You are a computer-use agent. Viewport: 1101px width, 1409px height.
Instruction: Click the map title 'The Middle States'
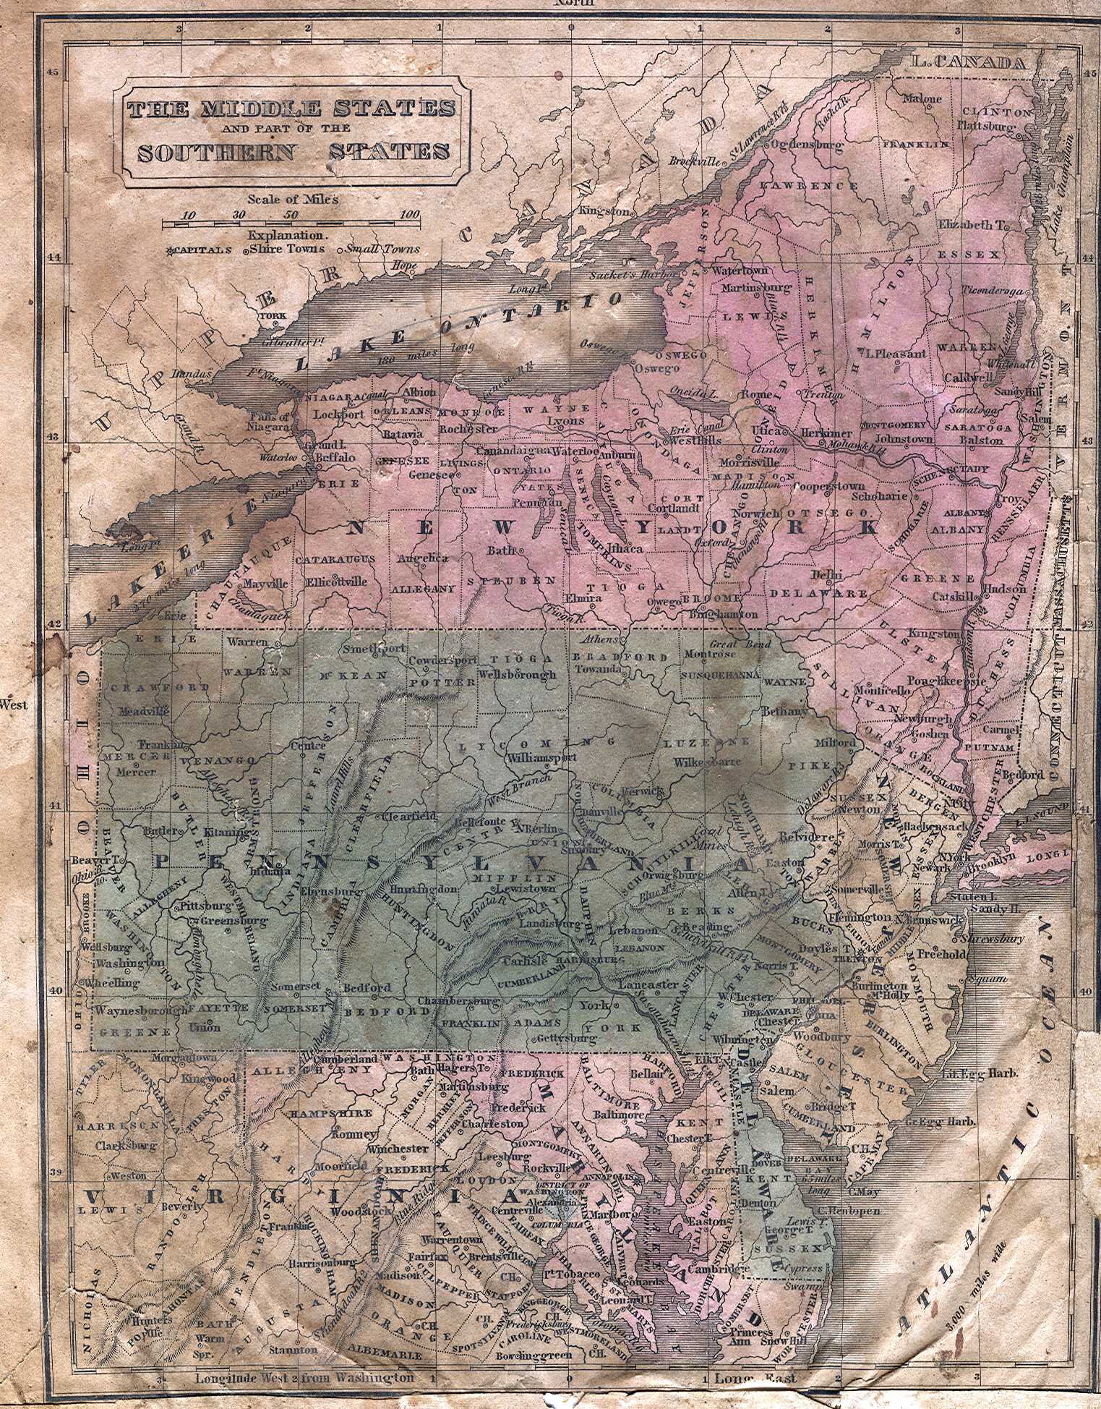(x=291, y=108)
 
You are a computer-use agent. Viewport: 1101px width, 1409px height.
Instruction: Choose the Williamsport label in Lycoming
(x=541, y=758)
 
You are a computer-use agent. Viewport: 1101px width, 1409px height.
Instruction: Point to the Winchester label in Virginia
(x=397, y=1149)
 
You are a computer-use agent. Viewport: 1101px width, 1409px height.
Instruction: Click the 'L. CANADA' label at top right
(x=968, y=63)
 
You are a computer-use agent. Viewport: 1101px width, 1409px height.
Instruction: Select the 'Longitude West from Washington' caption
(x=304, y=1378)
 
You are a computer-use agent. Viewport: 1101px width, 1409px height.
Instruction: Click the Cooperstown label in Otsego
(x=829, y=486)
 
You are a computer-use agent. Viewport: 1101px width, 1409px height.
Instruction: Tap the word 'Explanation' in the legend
(x=287, y=235)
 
